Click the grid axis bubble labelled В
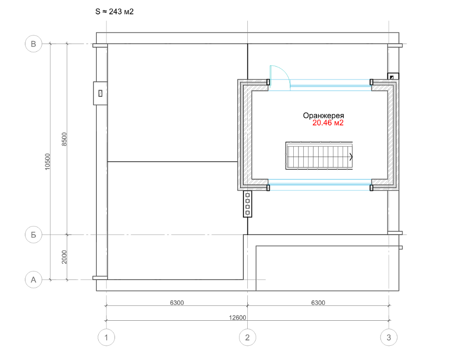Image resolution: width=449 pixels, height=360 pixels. click(x=34, y=44)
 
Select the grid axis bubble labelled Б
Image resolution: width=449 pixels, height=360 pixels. click(x=34, y=235)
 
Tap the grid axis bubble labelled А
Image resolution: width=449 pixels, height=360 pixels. click(x=34, y=280)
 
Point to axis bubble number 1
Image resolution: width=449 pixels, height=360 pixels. click(x=106, y=337)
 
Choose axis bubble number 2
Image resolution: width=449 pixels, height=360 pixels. click(x=247, y=337)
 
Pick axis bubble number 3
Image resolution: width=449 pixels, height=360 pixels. click(x=389, y=337)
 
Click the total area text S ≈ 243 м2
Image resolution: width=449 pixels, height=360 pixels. click(x=115, y=11)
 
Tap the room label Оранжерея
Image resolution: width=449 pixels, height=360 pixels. click(x=323, y=116)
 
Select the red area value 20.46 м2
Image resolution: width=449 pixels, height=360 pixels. click(x=328, y=123)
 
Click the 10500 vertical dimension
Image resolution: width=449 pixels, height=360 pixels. click(x=47, y=162)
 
